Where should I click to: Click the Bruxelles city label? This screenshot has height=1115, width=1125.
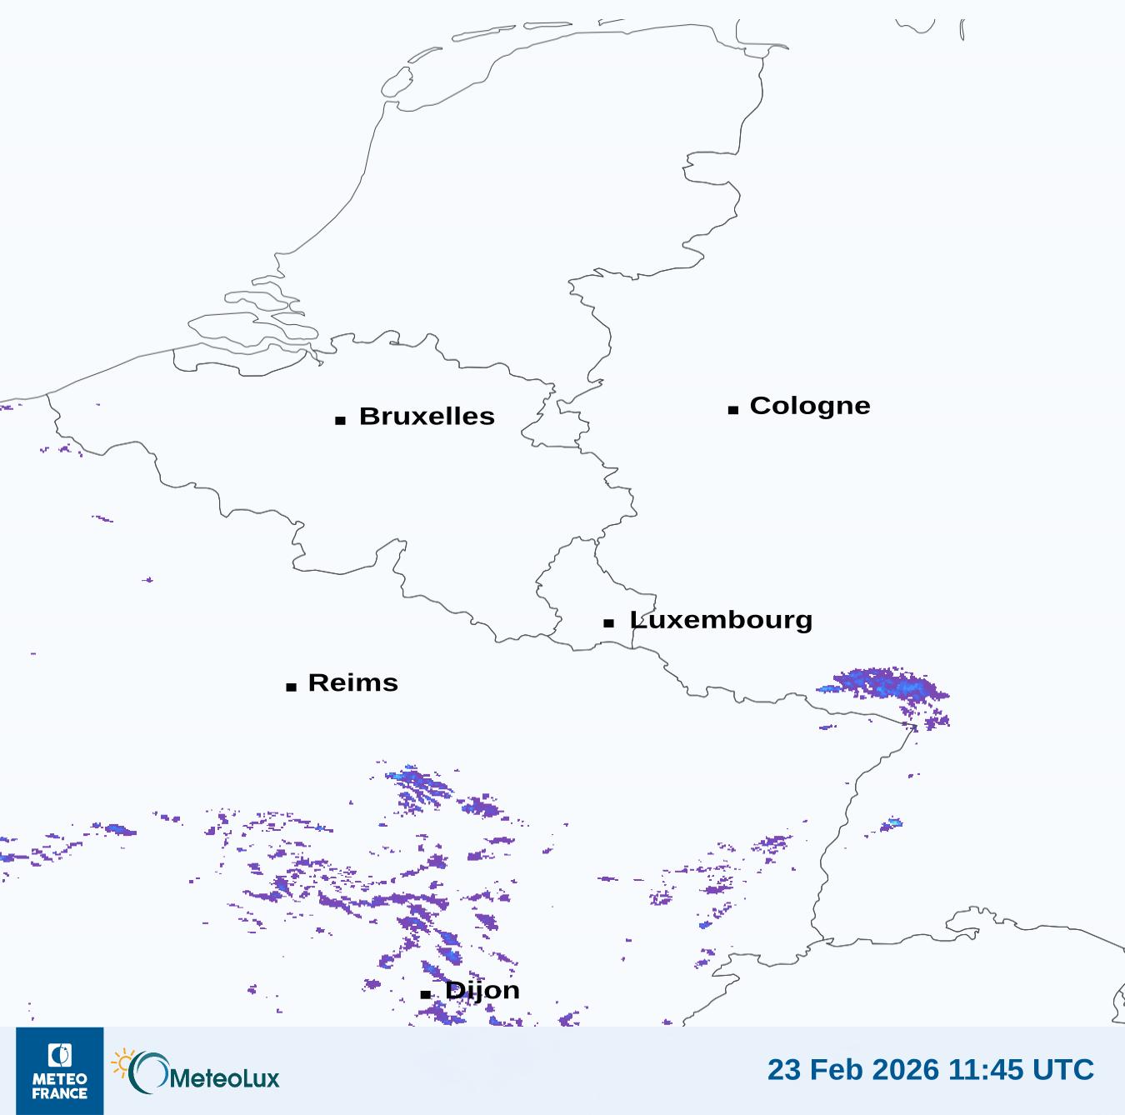pyautogui.click(x=427, y=416)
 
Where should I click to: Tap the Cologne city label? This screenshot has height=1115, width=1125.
pyautogui.click(x=810, y=406)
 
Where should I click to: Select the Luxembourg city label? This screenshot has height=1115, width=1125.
pyautogui.click(x=721, y=620)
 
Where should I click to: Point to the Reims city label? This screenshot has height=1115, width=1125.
pyautogui.click(x=353, y=682)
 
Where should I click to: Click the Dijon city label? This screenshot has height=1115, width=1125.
pyautogui.click(x=482, y=990)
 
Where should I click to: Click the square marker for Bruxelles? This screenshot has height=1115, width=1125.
pyautogui.click(x=340, y=420)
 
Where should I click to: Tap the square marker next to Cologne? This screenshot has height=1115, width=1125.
pyautogui.click(x=733, y=409)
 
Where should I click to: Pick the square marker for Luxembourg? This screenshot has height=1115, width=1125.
pyautogui.click(x=609, y=623)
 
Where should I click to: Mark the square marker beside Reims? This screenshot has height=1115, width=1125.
pyautogui.click(x=291, y=687)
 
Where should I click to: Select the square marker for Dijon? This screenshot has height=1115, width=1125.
pyautogui.click(x=426, y=994)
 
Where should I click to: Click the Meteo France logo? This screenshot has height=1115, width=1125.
pyautogui.click(x=60, y=1071)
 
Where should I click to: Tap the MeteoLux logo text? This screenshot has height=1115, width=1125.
pyautogui.click(x=225, y=1077)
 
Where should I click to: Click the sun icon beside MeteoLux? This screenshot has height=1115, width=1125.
pyautogui.click(x=123, y=1063)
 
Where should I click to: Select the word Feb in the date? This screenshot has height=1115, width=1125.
pyautogui.click(x=833, y=1069)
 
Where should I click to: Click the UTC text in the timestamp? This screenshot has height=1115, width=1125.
pyautogui.click(x=1062, y=1069)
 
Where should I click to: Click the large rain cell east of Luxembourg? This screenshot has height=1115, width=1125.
pyautogui.click(x=887, y=687)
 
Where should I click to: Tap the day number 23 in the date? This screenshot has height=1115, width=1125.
pyautogui.click(x=784, y=1069)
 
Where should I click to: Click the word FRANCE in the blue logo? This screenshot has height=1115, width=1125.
pyautogui.click(x=60, y=1093)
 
